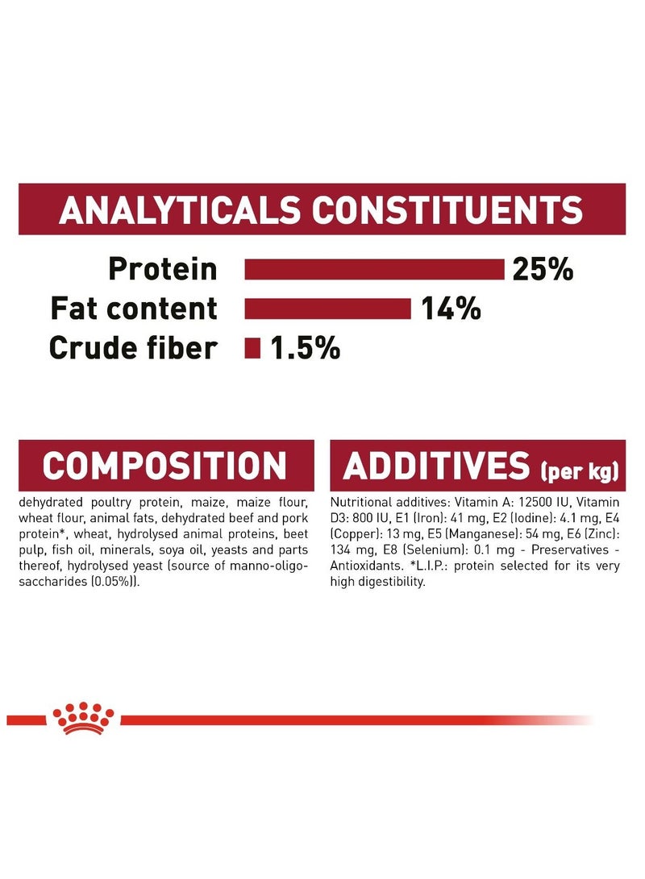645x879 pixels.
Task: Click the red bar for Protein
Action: pos(374,269)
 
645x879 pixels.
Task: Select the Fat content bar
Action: pos(327,309)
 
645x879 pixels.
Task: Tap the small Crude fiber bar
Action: pos(252,347)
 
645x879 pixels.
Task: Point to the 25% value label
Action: pos(543,269)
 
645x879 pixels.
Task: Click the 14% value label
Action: pos(451,309)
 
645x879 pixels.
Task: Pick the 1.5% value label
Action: pos(305,347)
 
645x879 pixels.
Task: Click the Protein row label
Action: pos(163,268)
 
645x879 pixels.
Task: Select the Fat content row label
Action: pos(134,309)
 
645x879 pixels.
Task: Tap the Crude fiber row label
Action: pos(134,347)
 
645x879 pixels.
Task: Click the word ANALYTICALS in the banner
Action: pos(180,210)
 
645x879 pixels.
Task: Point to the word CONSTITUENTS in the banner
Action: pos(447,210)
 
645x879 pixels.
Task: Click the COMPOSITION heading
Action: pos(164,466)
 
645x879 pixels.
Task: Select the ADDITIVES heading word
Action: pos(436,466)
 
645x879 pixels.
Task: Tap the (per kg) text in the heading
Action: pos(580,471)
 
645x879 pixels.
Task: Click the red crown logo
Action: pos(83,718)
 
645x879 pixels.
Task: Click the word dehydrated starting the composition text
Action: pos(51,502)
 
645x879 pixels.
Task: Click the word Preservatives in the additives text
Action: pos(570,550)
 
